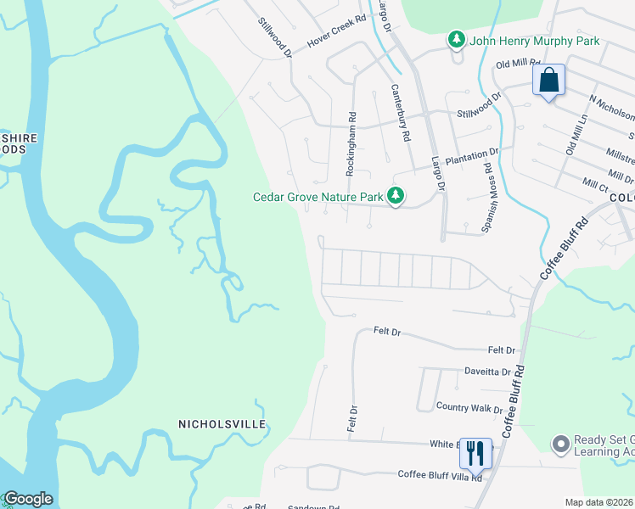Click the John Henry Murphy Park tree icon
(457, 40)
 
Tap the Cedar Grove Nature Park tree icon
(395, 196)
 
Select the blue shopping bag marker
(549, 81)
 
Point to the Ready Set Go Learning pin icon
(559, 443)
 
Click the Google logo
(28, 499)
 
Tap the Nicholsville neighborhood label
(222, 423)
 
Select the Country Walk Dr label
(469, 408)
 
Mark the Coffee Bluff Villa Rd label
(440, 476)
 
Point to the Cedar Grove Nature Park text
(318, 197)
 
